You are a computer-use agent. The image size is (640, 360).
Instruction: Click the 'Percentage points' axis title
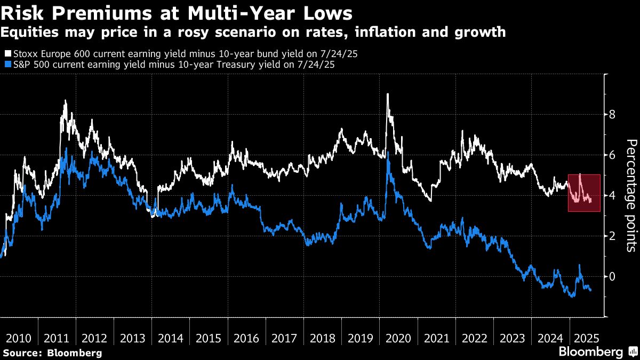tap(631, 195)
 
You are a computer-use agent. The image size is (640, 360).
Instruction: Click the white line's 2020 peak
tap(387, 94)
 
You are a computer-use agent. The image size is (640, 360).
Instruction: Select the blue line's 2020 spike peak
tap(388, 153)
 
